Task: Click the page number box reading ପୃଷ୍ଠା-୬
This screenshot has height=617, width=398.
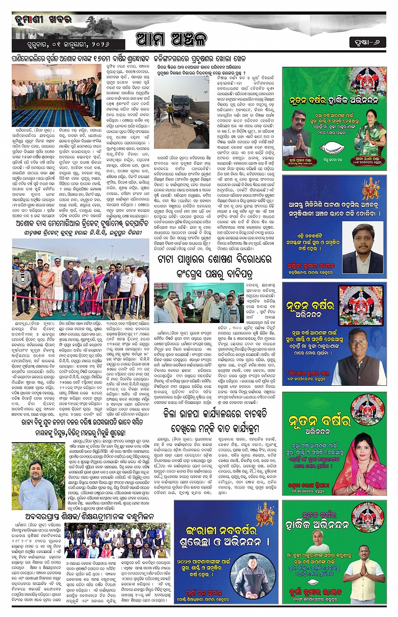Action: (x=367, y=42)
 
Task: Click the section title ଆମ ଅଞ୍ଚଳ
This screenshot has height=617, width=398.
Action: (x=171, y=40)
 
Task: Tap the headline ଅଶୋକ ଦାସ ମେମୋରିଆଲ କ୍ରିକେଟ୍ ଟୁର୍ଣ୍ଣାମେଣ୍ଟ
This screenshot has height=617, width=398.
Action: (x=80, y=224)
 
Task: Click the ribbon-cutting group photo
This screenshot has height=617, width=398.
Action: (x=80, y=278)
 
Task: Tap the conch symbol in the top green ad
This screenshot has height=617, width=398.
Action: (x=334, y=148)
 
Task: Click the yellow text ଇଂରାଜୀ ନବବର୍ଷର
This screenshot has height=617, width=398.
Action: (x=221, y=530)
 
